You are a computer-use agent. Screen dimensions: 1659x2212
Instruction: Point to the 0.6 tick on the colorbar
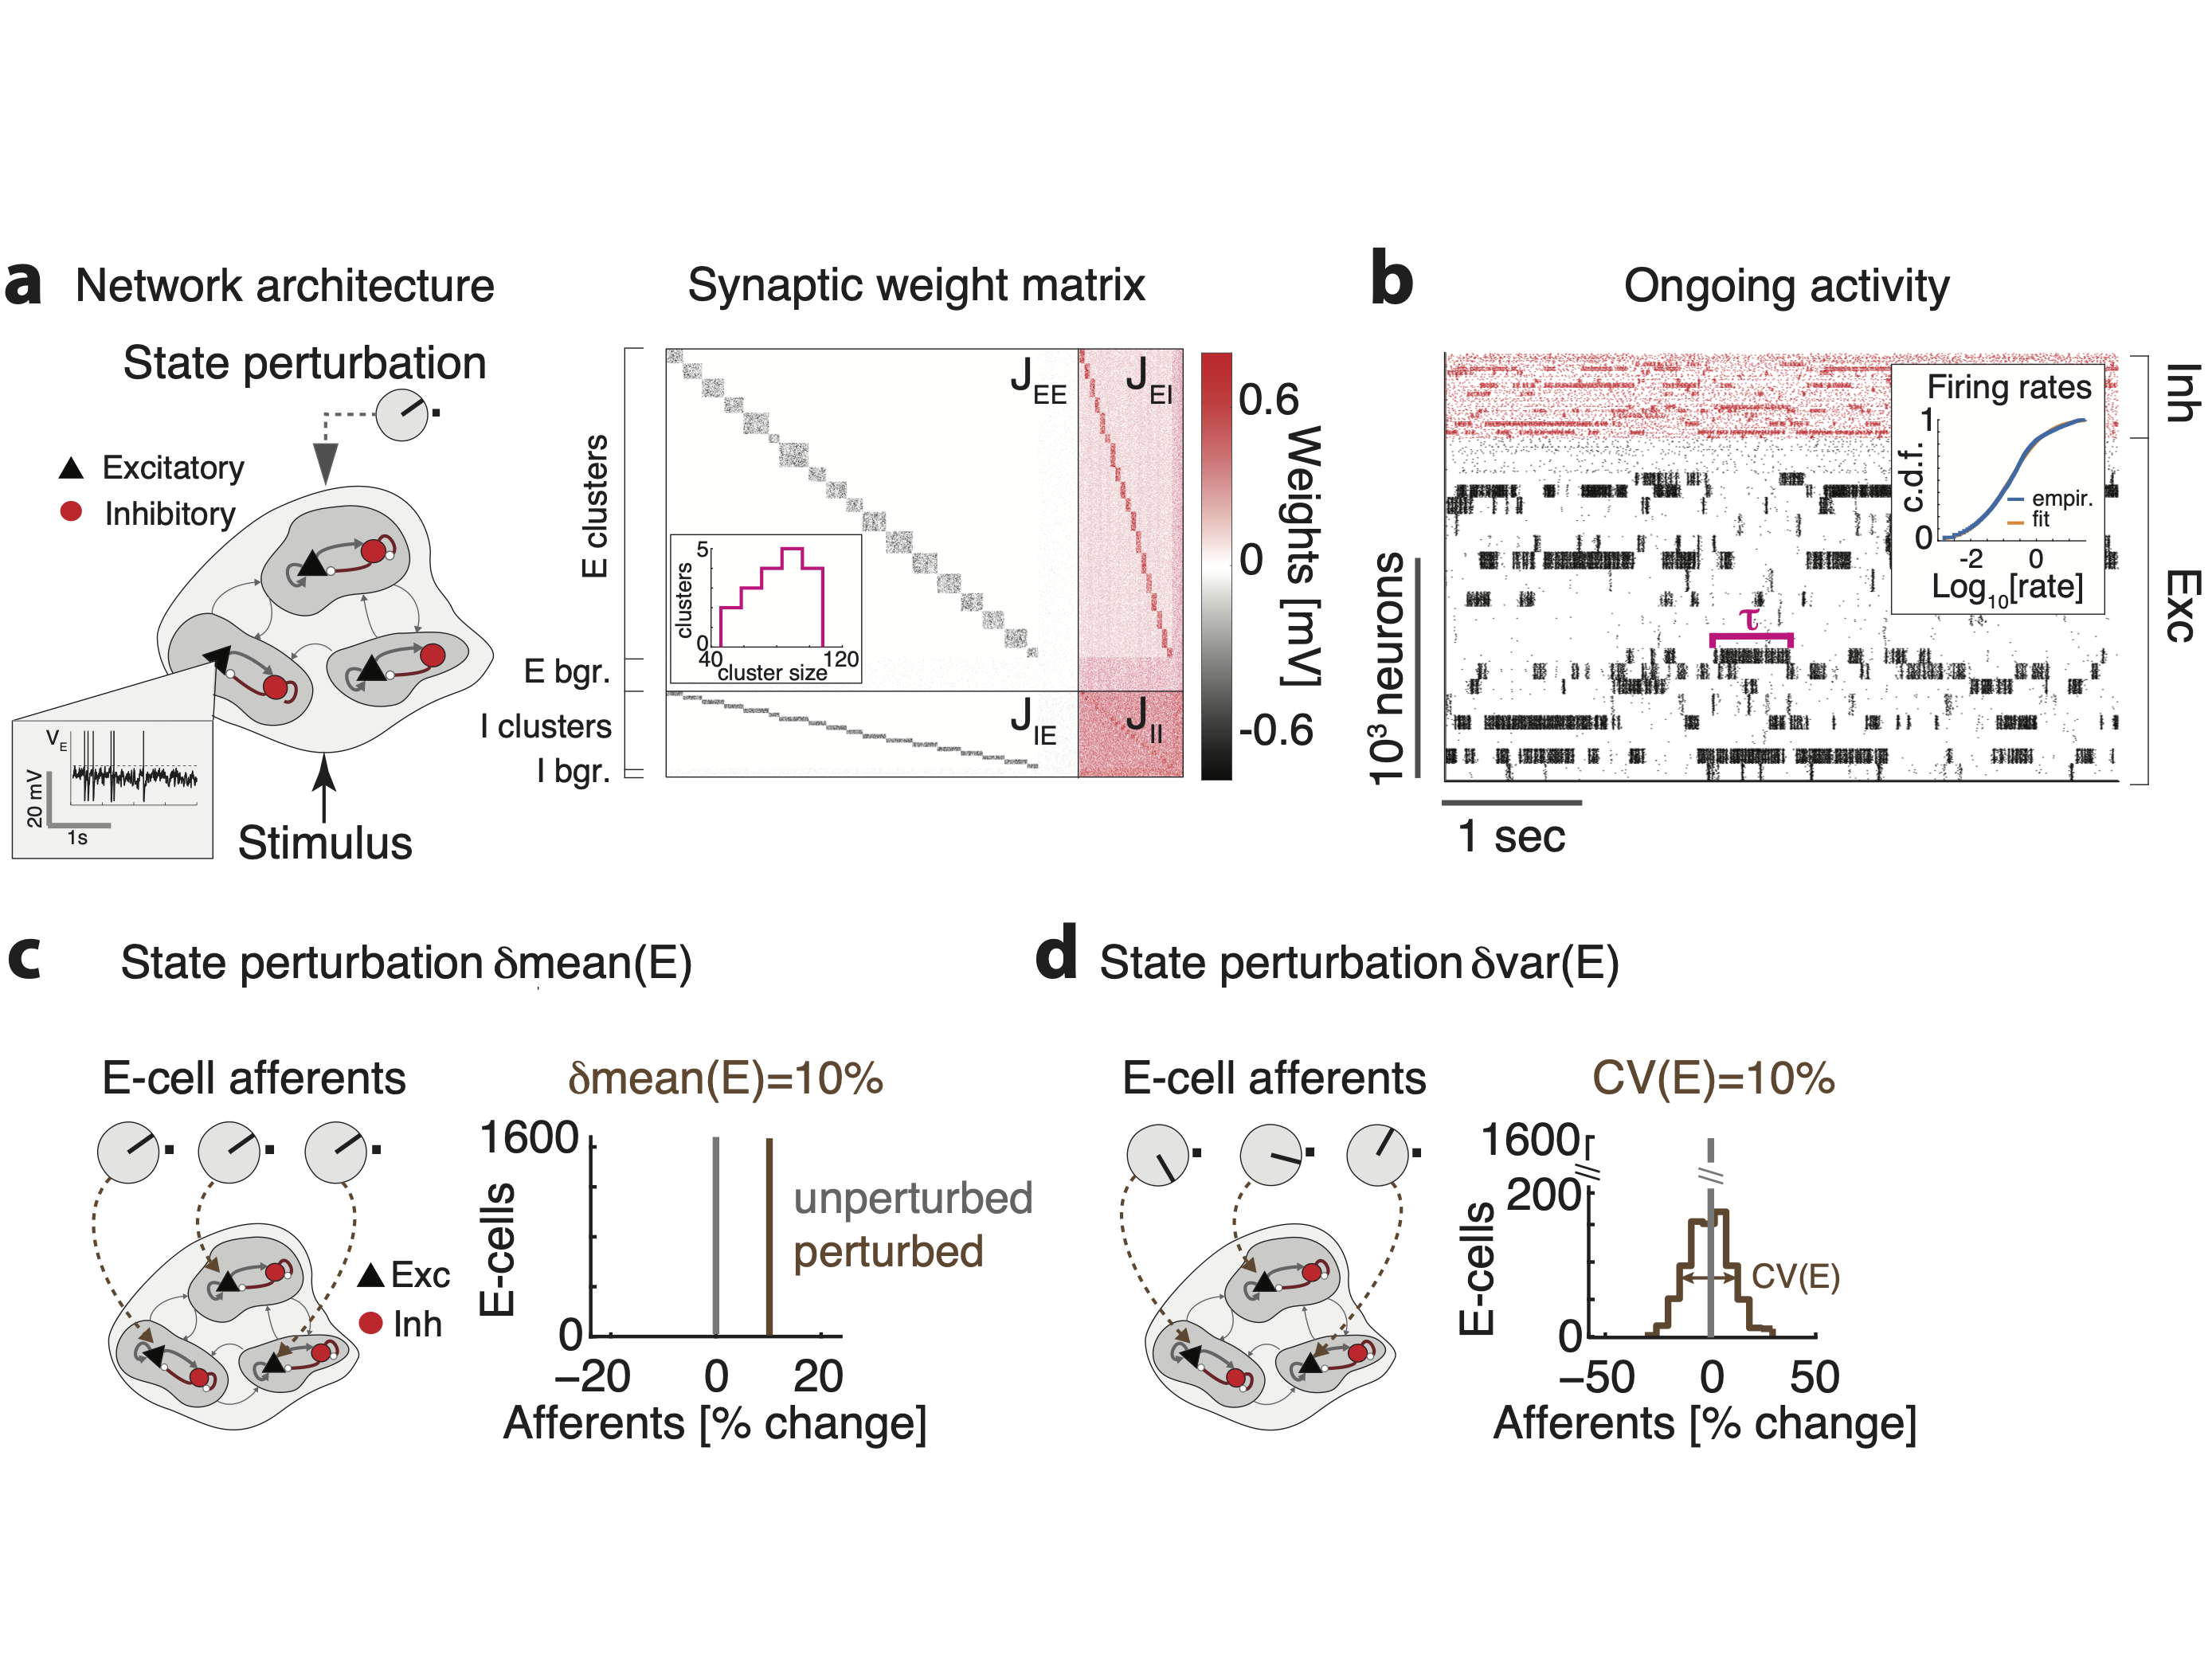point(1268,400)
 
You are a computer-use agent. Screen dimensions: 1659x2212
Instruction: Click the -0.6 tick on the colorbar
point(1275,731)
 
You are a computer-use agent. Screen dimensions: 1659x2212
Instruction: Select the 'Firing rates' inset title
point(2008,387)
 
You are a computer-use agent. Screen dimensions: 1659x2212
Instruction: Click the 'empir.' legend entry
point(2061,498)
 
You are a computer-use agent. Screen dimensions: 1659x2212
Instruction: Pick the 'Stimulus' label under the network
point(325,843)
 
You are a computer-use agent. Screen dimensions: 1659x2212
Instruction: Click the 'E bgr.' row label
point(567,671)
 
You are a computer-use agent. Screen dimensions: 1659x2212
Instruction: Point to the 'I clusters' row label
point(545,726)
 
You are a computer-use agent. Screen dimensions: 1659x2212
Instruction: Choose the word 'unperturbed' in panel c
point(912,1198)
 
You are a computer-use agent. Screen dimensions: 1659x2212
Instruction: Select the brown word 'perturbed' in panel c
point(888,1252)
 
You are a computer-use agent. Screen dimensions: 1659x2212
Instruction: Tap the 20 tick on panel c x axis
point(818,1377)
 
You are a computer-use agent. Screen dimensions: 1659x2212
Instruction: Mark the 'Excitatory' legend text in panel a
point(173,468)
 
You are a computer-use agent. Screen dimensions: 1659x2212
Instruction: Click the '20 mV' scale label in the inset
point(35,798)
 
